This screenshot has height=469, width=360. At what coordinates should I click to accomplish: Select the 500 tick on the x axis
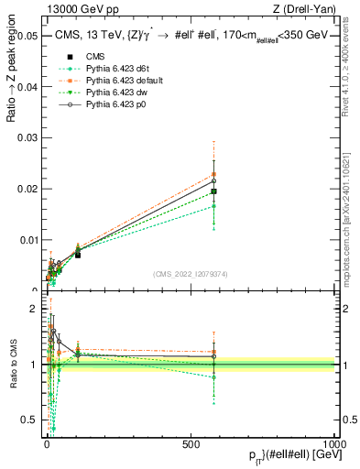click(191, 442)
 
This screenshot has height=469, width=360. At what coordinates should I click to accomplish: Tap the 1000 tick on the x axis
click(334, 442)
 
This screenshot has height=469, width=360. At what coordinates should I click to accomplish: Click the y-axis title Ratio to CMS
click(12, 364)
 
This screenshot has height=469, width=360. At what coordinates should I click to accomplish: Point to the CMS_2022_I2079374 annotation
click(190, 274)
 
